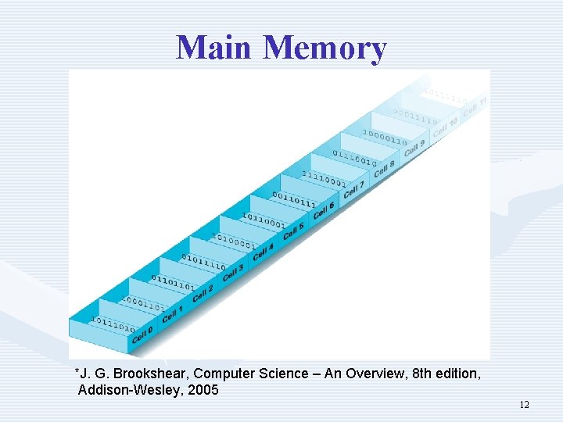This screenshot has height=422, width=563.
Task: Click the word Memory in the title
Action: [325, 48]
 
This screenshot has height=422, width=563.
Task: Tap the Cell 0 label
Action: [142, 334]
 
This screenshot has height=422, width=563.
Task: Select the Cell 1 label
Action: [172, 313]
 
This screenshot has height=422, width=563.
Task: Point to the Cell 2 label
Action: [203, 293]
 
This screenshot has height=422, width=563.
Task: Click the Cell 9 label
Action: [414, 146]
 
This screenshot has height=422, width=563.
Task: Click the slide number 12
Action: [524, 404]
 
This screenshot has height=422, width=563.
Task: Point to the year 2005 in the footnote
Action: [203, 389]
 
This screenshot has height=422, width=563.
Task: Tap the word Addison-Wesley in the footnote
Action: [130, 389]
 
